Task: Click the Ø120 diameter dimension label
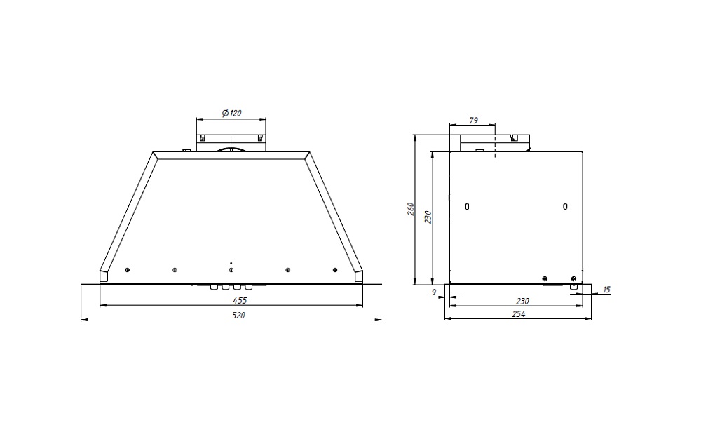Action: pyautogui.click(x=231, y=113)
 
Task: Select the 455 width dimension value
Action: pyautogui.click(x=240, y=300)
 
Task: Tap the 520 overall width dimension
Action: pyautogui.click(x=238, y=316)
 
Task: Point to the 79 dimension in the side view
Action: pyautogui.click(x=473, y=121)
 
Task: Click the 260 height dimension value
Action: pyautogui.click(x=411, y=209)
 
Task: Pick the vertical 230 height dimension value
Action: pyautogui.click(x=428, y=217)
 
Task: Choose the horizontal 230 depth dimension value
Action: pyautogui.click(x=522, y=301)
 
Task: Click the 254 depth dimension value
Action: pyautogui.click(x=518, y=314)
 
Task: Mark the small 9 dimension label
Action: pyautogui.click(x=433, y=292)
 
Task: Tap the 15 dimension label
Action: pyautogui.click(x=606, y=290)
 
